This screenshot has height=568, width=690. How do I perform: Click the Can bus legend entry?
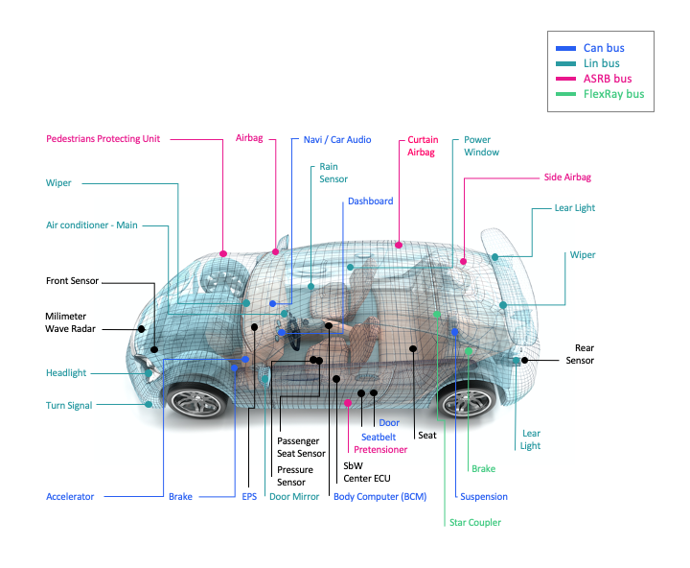tap(604, 47)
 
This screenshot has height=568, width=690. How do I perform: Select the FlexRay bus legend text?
tap(613, 94)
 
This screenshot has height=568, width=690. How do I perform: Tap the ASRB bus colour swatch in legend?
tap(565, 79)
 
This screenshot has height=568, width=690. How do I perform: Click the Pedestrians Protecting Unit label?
tap(103, 138)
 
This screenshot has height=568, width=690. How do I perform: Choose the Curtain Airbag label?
tap(422, 146)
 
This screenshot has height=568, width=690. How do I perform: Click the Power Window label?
tap(481, 146)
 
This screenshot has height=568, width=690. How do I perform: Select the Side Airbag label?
tap(567, 177)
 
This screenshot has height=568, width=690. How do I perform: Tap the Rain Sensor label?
tap(333, 173)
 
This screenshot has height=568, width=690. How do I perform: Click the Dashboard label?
tap(370, 201)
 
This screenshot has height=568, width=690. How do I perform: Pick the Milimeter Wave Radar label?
tap(72, 322)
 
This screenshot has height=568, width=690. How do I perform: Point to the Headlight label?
tap(66, 373)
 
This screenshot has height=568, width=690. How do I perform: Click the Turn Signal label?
tap(69, 406)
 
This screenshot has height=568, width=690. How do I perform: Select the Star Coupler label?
tap(475, 522)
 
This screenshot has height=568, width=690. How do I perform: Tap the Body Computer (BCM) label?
tap(379, 497)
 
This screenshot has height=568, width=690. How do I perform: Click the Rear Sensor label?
tap(580, 354)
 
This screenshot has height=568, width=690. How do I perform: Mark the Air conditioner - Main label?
tap(92, 225)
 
